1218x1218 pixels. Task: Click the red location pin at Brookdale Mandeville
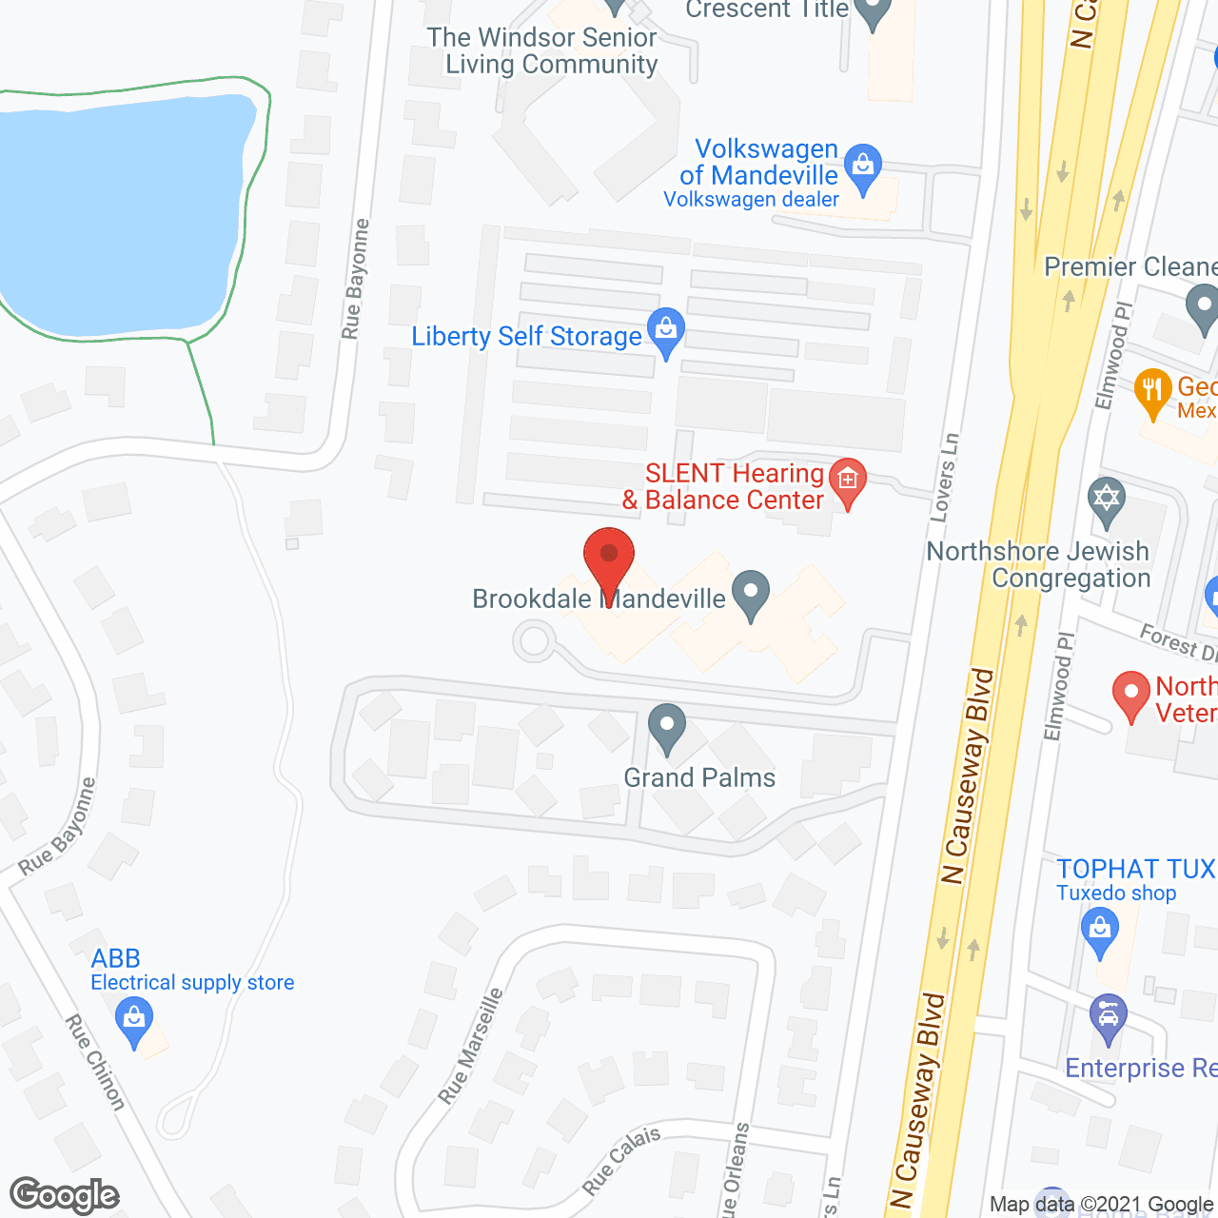coord(609,562)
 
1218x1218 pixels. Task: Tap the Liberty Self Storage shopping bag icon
coord(666,330)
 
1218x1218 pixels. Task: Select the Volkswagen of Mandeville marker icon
coord(863,167)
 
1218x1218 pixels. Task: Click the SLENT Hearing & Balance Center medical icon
coord(847,480)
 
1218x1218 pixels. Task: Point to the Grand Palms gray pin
coord(667,728)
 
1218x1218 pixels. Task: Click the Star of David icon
coord(1106,500)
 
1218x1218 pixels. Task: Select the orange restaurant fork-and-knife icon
coord(1152,390)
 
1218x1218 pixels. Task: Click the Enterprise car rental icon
coord(1109,1016)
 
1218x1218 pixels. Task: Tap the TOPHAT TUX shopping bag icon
coord(1100,930)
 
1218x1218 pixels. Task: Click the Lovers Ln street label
coord(944,478)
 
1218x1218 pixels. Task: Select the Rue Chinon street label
coord(95,1062)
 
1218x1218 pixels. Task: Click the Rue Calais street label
coord(621,1161)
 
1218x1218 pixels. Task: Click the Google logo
coord(65,1195)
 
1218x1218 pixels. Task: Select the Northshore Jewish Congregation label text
coord(1039,564)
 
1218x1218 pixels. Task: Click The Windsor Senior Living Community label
coord(542,50)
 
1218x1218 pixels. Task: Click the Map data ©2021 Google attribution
coord(1102,1205)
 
